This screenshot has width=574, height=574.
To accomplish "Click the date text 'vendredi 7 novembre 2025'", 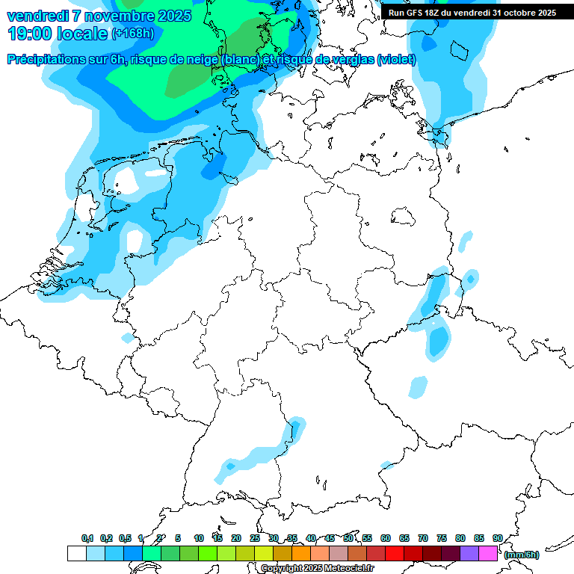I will (99, 16).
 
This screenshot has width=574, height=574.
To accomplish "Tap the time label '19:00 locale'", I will (57, 33).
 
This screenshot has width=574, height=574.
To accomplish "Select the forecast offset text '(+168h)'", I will (133, 34).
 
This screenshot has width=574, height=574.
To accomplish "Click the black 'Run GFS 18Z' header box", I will (472, 12).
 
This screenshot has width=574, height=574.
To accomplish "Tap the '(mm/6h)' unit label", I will (521, 555).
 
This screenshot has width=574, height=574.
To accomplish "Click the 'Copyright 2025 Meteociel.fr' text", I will (317, 568).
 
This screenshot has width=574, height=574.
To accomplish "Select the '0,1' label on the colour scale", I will (87, 538).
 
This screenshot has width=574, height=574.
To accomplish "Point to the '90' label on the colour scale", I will (497, 538).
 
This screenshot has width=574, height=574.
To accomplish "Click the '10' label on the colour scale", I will (199, 538).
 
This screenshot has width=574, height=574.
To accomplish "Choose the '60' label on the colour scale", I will (386, 538).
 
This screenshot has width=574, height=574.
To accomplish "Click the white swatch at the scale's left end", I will (76, 553).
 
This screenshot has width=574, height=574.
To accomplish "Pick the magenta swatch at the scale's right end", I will (487, 553).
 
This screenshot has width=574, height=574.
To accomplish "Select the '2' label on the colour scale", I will (159, 538).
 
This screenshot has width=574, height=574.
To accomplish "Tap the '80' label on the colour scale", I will (460, 538).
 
